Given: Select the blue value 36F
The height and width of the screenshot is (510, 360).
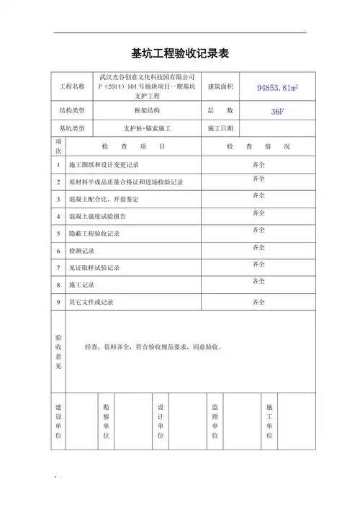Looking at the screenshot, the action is [x=276, y=112].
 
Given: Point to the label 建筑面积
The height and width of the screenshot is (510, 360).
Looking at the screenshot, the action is [x=220, y=87].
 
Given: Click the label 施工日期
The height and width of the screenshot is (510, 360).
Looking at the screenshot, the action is [x=220, y=129].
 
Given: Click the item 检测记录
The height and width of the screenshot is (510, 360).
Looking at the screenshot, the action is [x=80, y=251].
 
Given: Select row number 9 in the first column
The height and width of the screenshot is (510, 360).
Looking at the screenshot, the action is [x=58, y=302].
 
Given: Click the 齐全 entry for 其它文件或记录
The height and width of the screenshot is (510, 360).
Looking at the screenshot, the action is [x=258, y=302].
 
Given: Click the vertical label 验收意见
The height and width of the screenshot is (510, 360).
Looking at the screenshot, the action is [x=58, y=351].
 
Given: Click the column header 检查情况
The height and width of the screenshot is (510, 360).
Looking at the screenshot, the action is [x=258, y=146].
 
